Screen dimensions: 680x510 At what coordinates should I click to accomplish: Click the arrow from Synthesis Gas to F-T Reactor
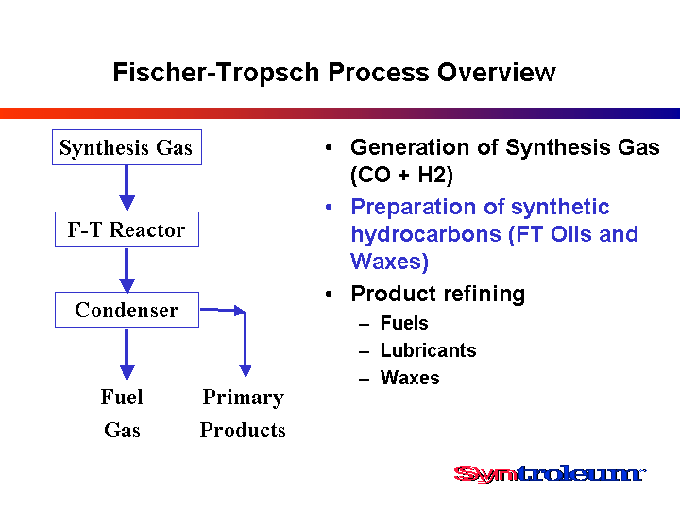pos(127,188)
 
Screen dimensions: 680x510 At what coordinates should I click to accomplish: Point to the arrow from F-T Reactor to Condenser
pos(127,271)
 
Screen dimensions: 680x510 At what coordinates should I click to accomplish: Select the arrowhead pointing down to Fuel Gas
pos(127,372)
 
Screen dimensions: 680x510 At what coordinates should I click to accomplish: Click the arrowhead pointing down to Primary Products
pos(246,371)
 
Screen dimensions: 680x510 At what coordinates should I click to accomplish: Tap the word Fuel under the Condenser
pos(122,397)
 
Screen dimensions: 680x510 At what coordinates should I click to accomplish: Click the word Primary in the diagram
pos(244,398)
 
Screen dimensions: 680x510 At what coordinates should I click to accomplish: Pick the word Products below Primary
pos(243,430)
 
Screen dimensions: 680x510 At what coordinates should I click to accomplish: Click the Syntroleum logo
pos(550,473)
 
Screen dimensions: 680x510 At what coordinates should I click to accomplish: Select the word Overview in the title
pos(496,72)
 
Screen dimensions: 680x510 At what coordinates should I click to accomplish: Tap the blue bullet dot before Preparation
pos(329,207)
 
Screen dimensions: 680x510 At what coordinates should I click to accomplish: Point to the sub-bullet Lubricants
pos(429,350)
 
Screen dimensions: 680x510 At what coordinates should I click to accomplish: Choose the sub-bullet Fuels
pos(404,323)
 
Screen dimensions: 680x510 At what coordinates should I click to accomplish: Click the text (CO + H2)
pos(401,176)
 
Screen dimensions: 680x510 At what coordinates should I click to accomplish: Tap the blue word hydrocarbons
pos(426,234)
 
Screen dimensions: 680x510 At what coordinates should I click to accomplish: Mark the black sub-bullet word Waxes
pos(410,378)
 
